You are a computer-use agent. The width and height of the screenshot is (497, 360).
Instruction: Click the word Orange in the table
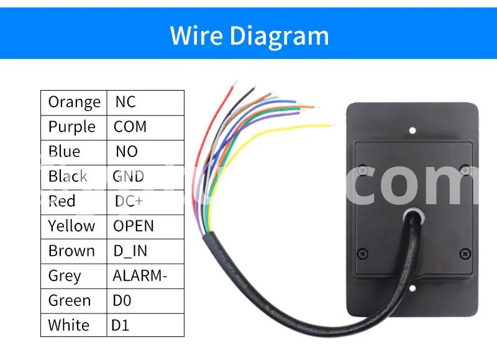(74, 102)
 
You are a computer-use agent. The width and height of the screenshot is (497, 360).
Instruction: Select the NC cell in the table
(125, 102)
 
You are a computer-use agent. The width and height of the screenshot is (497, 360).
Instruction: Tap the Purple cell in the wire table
(72, 127)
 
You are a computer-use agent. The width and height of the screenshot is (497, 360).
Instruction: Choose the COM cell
(130, 127)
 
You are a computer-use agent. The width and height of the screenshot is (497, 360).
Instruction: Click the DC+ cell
(129, 201)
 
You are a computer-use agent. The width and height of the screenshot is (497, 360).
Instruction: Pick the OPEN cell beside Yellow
(133, 226)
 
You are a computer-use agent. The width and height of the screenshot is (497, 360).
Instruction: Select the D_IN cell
(130, 251)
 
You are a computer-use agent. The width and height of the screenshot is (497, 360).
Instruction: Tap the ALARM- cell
(140, 276)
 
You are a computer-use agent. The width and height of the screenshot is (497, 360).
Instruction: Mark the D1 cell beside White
(120, 325)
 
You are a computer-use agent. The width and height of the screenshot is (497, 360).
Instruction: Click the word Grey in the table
(65, 276)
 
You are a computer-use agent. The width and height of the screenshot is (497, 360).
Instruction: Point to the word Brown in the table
(71, 251)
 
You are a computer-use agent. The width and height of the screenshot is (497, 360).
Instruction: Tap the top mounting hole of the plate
(412, 130)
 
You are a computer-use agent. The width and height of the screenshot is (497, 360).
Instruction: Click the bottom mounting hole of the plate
(412, 287)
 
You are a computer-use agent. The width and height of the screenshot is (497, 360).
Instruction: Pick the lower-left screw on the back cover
(364, 252)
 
